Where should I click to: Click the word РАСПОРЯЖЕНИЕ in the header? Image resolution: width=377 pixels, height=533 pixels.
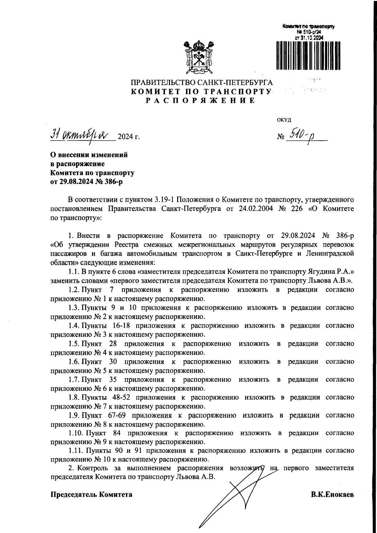[201, 101]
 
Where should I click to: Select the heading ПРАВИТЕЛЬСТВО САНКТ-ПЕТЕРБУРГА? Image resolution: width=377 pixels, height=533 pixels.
[202, 83]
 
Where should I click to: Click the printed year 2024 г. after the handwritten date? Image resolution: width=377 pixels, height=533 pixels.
[128, 137]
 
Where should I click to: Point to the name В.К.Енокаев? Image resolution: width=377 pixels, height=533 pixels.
[332, 494]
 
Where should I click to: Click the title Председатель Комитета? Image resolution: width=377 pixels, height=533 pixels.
[91, 494]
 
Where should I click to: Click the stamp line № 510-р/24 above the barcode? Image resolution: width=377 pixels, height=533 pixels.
[308, 32]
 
